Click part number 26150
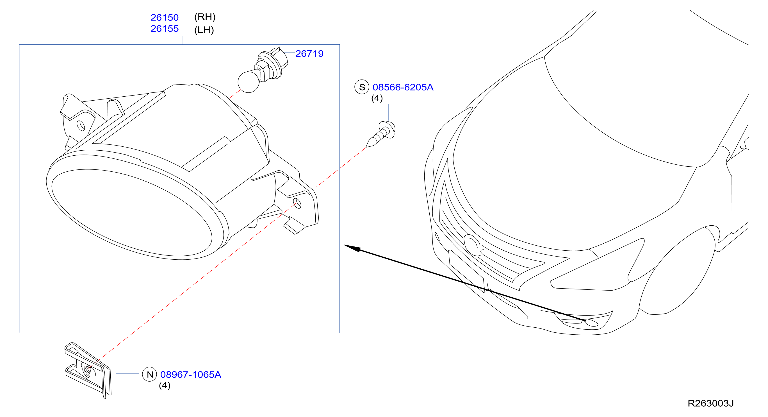point(164,18)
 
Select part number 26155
point(164,29)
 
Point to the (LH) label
point(204,30)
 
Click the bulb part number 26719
point(309,54)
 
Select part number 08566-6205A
point(403,87)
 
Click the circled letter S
point(362,87)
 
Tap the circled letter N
point(150,374)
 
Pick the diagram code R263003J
point(710,404)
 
